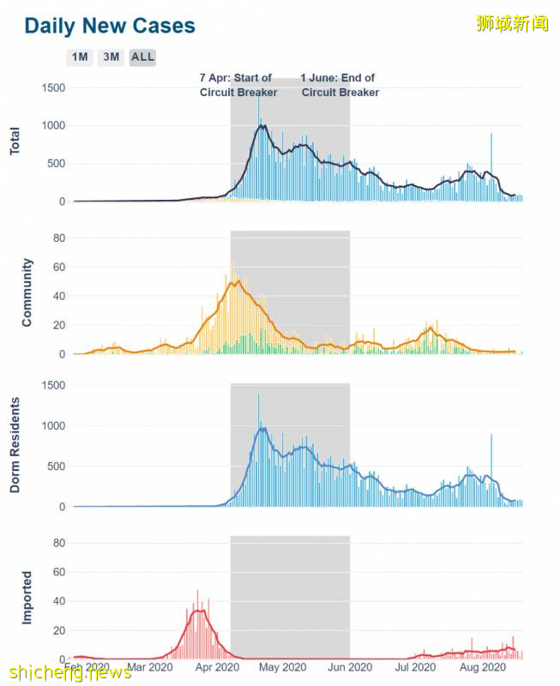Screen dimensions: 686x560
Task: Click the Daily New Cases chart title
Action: pos(110,26)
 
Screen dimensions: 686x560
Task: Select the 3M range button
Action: pos(111,57)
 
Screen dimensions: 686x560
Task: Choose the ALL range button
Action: pos(142,57)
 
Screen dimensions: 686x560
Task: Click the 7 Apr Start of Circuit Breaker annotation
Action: pos(236,85)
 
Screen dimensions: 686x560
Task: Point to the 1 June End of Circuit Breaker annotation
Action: pos(340,85)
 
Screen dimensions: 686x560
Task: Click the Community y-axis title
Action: pos(27,292)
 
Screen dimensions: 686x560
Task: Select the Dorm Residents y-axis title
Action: pos(15,445)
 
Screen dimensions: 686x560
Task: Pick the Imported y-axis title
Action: pos(27,598)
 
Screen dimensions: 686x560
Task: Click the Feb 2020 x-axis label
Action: pos(87,666)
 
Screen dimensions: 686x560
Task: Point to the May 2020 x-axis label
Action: pos(283,666)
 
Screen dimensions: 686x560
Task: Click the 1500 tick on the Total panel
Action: pos(53,87)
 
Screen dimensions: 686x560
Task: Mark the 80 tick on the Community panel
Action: pos(59,238)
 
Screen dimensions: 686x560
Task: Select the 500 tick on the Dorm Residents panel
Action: pos(56,466)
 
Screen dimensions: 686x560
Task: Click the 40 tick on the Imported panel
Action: pos(59,601)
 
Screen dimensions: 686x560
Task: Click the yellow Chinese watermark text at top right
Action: pos(512,24)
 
